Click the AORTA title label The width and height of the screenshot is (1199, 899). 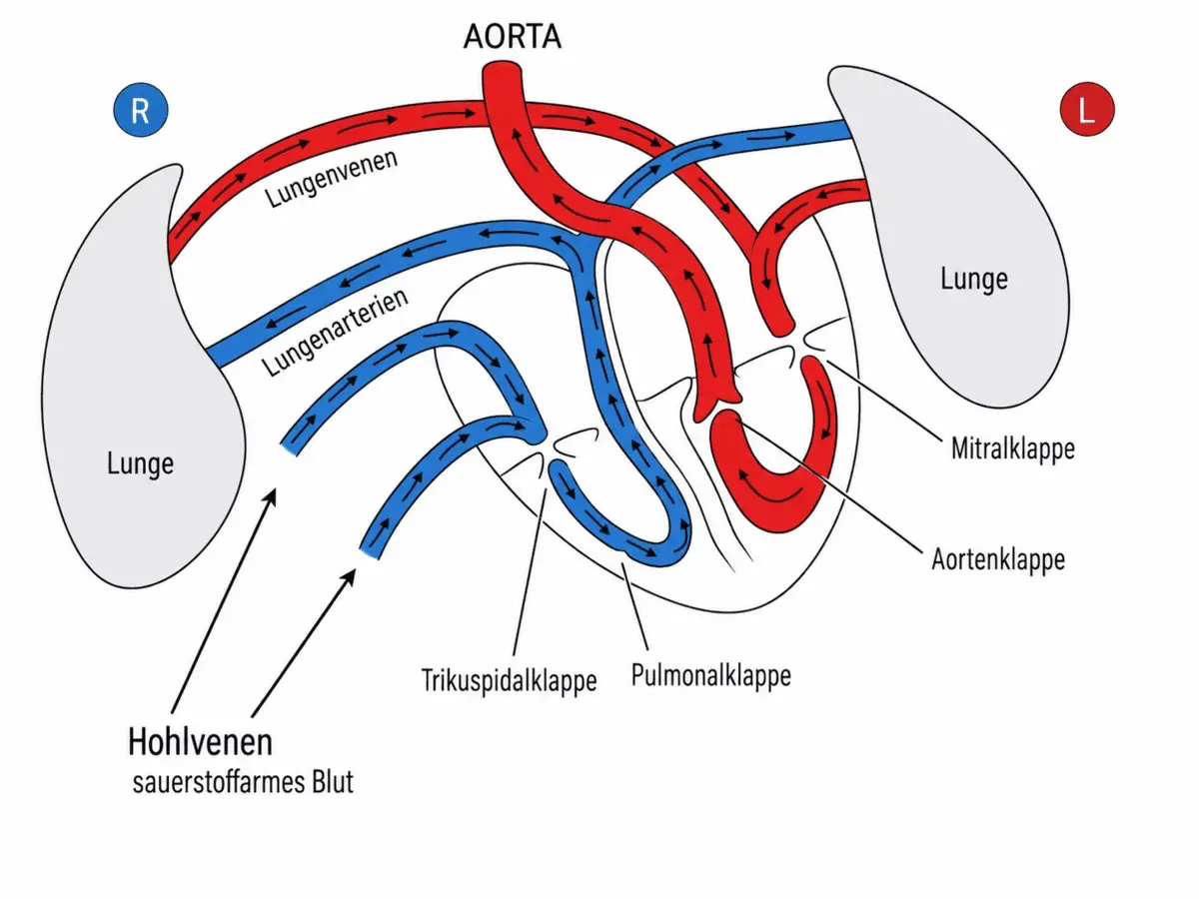click(x=513, y=37)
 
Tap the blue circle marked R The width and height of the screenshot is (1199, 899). click(x=141, y=110)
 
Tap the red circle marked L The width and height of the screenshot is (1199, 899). click(x=1087, y=109)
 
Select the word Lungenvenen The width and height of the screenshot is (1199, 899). click(x=332, y=178)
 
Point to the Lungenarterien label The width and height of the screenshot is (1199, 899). click(x=335, y=332)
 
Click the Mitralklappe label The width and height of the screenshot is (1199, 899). click(x=1013, y=449)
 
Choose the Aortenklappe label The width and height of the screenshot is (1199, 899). click(x=998, y=559)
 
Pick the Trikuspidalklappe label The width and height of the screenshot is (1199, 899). click(x=509, y=680)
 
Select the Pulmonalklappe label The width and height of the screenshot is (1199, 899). click(x=711, y=676)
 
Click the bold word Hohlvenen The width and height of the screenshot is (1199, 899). click(x=200, y=742)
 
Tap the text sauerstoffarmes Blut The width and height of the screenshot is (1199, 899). click(x=243, y=782)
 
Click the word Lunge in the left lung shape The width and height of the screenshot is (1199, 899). click(x=141, y=463)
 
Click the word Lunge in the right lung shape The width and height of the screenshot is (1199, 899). click(x=974, y=279)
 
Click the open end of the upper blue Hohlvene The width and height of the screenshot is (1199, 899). click(x=289, y=449)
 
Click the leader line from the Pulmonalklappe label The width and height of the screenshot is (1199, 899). click(x=634, y=606)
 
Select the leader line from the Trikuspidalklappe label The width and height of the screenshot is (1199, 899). click(x=530, y=571)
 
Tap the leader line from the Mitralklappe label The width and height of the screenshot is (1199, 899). click(x=884, y=401)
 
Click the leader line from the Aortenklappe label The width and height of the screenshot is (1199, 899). click(x=828, y=485)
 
